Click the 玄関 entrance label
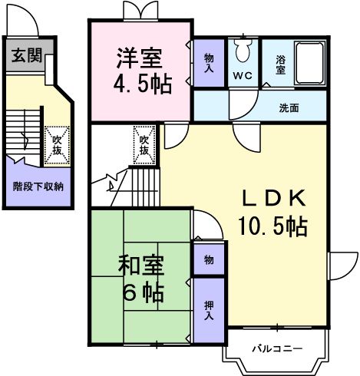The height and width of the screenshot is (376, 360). click(x=27, y=55)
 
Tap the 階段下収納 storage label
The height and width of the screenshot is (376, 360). click(x=38, y=186)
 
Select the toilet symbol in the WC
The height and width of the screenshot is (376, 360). click(x=243, y=51)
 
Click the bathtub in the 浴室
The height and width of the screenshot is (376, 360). click(x=309, y=63)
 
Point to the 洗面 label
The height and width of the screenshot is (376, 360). click(x=289, y=108)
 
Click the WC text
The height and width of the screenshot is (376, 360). click(x=243, y=76)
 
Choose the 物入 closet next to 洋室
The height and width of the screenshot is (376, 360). click(x=209, y=63)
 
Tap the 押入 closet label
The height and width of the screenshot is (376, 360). click(x=209, y=310)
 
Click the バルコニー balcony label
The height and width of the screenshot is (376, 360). click(x=278, y=348)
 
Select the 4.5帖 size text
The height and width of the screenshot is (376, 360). click(x=143, y=84)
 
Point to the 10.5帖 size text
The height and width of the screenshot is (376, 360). click(x=273, y=226)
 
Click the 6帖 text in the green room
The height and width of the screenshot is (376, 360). click(x=143, y=292)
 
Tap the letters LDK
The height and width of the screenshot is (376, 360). click(x=274, y=198)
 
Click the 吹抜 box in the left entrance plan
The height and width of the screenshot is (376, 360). click(x=57, y=144)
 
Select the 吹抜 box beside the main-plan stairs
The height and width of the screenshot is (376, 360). click(x=144, y=145)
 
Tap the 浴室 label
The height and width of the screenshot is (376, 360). click(x=280, y=65)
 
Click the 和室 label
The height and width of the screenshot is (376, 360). click(x=141, y=266)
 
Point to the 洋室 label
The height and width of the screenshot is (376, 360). click(x=140, y=58)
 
